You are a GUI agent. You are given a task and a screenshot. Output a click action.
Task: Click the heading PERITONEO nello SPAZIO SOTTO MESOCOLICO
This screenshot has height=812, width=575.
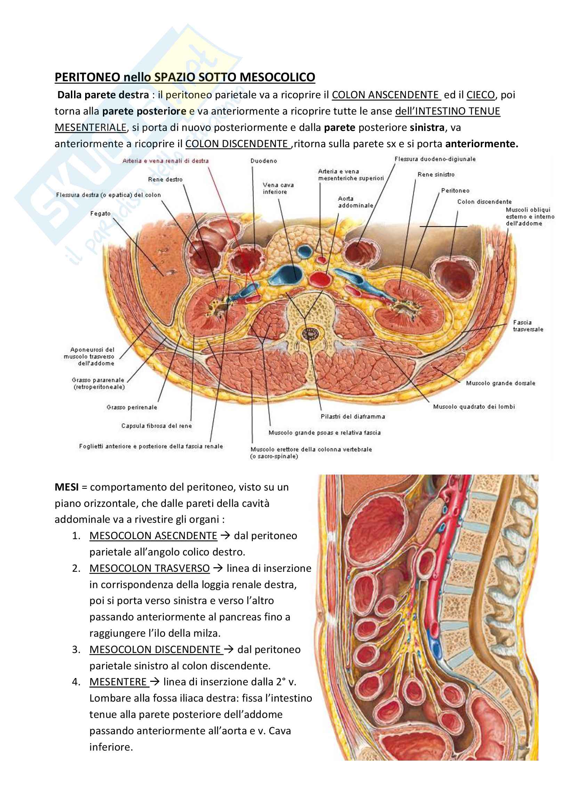click(185, 77)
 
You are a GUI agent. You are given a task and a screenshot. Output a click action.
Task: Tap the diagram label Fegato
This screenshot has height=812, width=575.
click(100, 214)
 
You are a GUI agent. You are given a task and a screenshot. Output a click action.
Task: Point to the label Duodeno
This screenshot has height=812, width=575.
click(264, 161)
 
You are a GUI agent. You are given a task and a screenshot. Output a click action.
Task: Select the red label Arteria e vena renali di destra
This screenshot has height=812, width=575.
click(165, 161)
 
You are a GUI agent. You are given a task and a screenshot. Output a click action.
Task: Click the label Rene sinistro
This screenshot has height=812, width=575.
click(436, 174)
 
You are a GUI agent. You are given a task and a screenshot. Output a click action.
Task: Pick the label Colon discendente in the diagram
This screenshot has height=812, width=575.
click(484, 202)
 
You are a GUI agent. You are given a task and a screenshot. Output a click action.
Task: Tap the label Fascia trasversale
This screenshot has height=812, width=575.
click(528, 326)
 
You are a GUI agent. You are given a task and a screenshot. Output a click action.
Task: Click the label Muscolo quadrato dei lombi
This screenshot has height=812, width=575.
click(474, 407)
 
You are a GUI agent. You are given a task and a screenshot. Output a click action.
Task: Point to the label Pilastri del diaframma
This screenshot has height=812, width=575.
click(353, 417)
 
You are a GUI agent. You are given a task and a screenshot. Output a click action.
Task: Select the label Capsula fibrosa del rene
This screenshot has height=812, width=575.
click(156, 426)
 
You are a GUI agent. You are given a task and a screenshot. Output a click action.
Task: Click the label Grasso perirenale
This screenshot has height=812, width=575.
click(132, 408)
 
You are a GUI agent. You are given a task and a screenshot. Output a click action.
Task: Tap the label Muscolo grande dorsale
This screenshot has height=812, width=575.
click(501, 383)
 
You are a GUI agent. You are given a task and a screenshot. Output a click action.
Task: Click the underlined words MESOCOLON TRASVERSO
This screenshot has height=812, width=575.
click(149, 568)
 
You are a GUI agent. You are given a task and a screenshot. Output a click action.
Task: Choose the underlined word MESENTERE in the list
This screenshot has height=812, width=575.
click(118, 681)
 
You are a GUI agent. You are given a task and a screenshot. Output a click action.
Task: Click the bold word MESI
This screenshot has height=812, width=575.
click(66, 487)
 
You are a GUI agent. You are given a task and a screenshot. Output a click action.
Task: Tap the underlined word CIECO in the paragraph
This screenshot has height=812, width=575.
click(480, 95)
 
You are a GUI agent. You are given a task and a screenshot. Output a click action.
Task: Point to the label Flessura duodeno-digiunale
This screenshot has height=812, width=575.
click(435, 159)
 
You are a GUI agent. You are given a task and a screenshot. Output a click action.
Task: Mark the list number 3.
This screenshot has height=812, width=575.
click(76, 649)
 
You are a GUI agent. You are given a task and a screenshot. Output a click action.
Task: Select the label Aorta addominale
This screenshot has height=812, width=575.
click(356, 202)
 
